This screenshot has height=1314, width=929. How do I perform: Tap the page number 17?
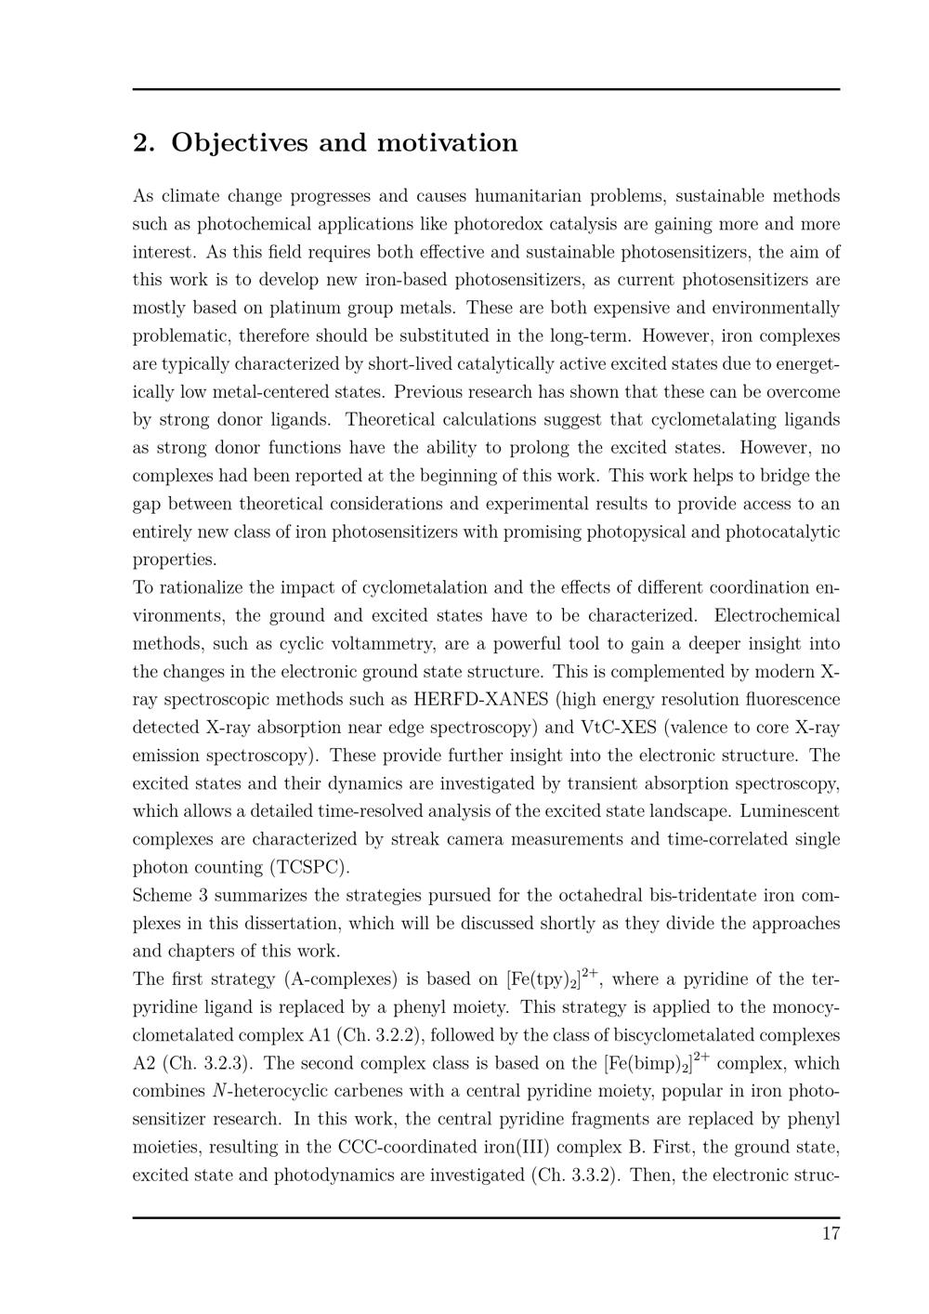tap(831, 1234)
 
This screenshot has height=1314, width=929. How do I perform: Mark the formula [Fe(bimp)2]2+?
tap(656, 1063)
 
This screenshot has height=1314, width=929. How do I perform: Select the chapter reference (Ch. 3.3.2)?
tap(576, 1176)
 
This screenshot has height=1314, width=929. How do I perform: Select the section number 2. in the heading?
tap(143, 143)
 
